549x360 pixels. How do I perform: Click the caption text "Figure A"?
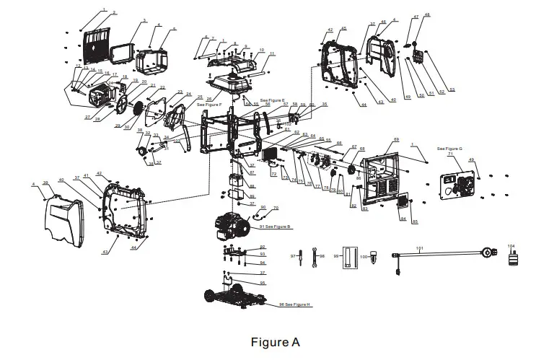274,341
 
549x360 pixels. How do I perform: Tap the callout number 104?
512,246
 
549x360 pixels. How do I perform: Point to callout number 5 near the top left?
174,30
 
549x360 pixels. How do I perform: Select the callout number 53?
452,89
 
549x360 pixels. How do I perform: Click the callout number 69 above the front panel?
395,139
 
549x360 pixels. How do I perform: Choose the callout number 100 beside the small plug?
364,256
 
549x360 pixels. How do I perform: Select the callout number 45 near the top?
343,29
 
